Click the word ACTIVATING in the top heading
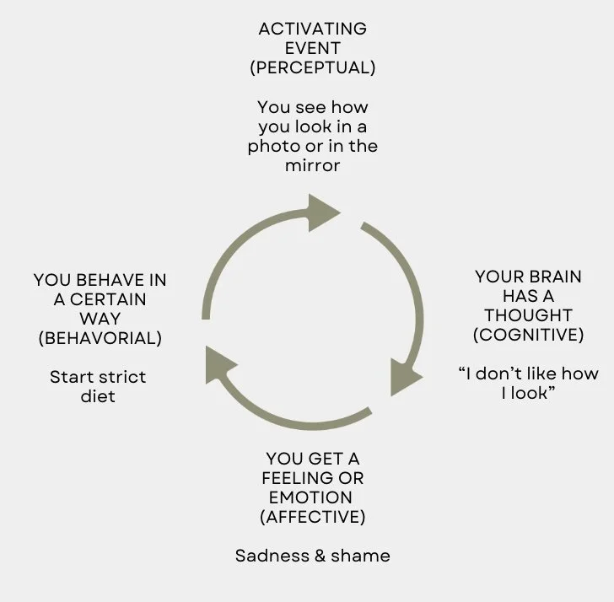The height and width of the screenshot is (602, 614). [x=312, y=30]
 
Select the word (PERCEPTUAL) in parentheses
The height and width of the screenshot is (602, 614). [x=312, y=68]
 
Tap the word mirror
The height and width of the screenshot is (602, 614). [x=312, y=165]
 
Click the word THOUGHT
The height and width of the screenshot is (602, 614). [x=529, y=315]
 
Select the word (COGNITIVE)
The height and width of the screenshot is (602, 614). [x=529, y=335]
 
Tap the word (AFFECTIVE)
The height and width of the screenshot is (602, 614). [x=311, y=517]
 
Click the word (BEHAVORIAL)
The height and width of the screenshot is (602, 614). [x=99, y=338]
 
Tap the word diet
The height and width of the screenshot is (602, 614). [x=99, y=395]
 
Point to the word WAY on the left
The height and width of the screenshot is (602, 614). [x=99, y=319]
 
